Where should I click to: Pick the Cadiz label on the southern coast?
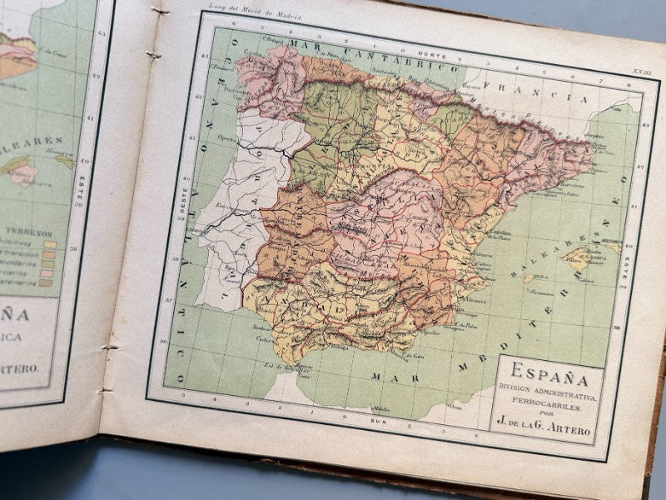(265, 337)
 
